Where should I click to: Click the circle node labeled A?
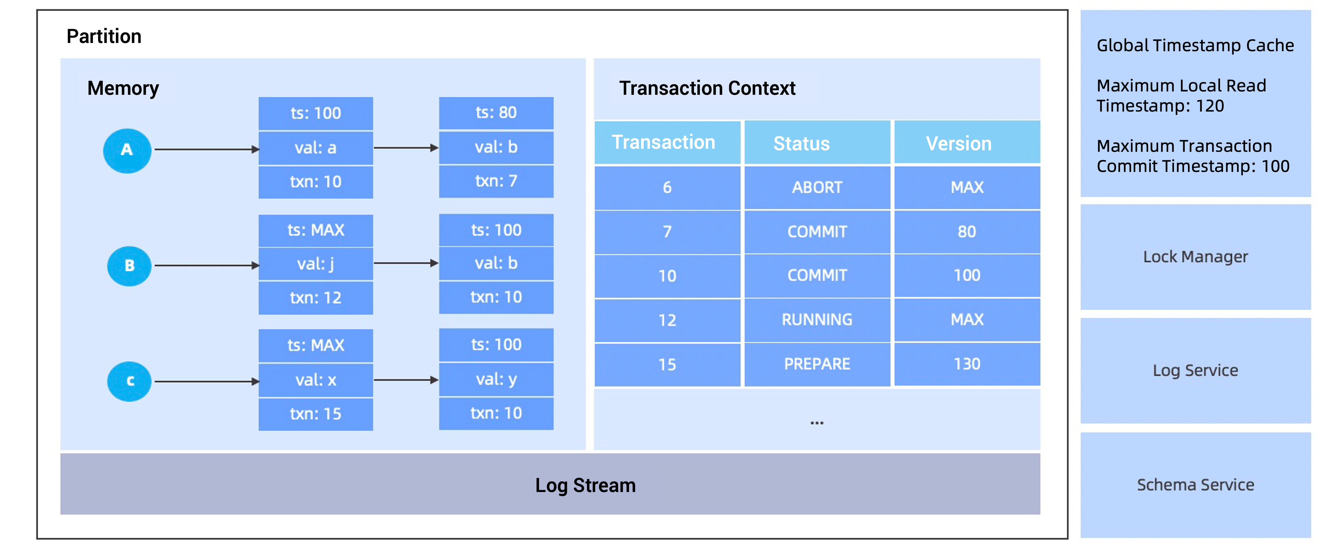(127, 151)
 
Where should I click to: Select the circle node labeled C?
(129, 381)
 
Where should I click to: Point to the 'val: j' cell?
(315, 264)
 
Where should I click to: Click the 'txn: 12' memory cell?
(315, 298)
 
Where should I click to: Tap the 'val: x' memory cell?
(315, 380)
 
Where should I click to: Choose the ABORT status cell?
(817, 187)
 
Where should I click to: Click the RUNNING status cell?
(817, 320)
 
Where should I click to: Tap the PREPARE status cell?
(817, 364)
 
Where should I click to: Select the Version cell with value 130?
(967, 364)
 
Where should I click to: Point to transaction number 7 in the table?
(667, 232)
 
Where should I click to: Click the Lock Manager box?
(1195, 257)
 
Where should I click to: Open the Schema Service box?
(1195, 485)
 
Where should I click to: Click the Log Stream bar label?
(585, 485)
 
